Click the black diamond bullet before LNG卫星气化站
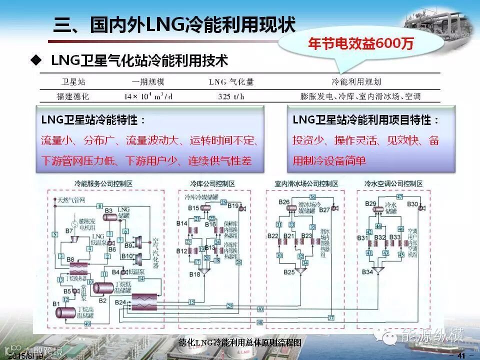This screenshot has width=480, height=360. tap(35, 61)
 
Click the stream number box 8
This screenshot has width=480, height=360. tap(100, 206)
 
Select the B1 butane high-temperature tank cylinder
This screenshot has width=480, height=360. tap(65, 312)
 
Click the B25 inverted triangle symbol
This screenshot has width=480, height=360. tap(301, 270)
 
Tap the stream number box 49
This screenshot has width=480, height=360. tap(88, 324)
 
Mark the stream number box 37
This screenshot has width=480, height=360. tap(331, 317)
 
